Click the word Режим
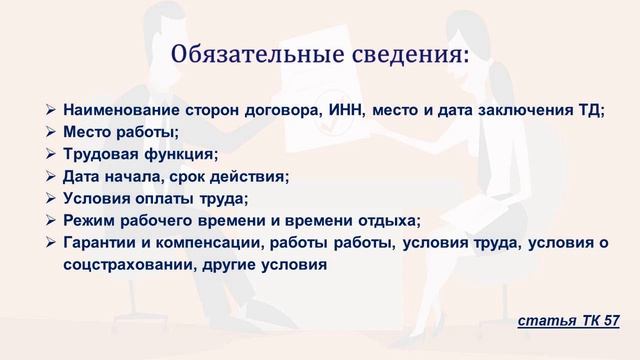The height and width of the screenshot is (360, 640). tap(86, 220)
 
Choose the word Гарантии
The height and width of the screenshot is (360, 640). tap(98, 243)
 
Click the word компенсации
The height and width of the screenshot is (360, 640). tap(199, 243)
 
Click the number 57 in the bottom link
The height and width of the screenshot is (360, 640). tap(610, 320)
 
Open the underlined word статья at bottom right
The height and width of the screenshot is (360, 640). tap(545, 320)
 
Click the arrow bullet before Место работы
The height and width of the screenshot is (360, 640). tap(52, 132)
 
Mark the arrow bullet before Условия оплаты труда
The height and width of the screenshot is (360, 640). tap(52, 198)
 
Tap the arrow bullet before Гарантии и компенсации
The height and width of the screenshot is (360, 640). tap(52, 243)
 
